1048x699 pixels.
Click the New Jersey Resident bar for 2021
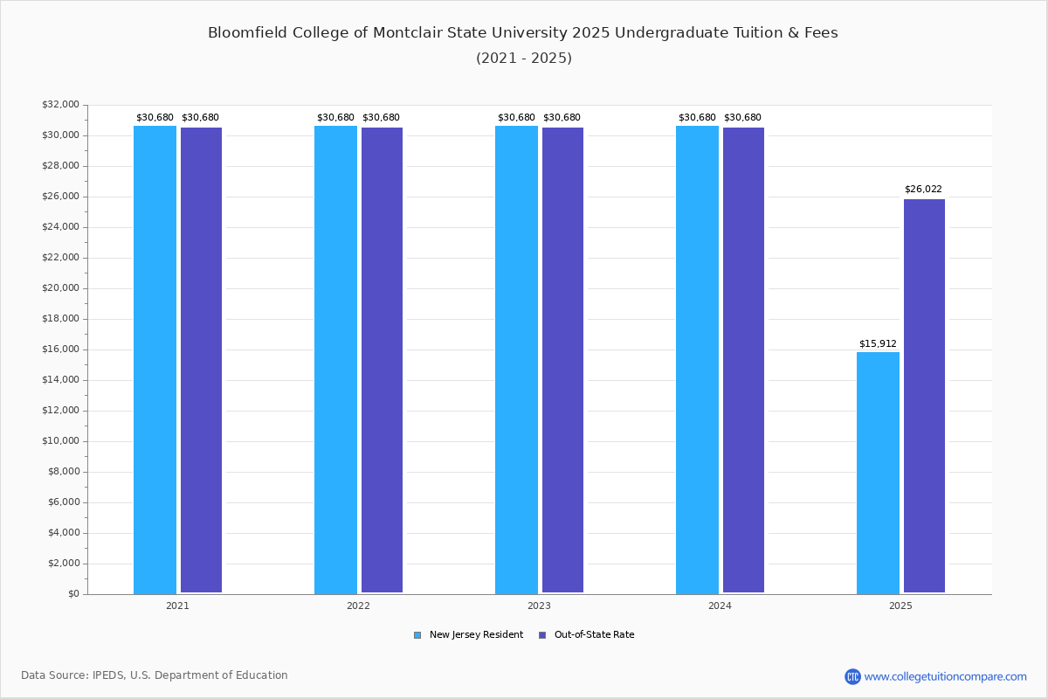[155, 359]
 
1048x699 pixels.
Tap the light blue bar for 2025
[878, 473]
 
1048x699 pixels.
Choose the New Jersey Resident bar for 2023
[516, 359]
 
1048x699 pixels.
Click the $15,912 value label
[878, 343]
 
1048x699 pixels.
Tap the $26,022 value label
[923, 190]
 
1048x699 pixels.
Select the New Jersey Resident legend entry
[475, 635]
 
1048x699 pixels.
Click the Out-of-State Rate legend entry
[593, 635]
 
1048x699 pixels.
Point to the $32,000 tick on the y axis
[60, 105]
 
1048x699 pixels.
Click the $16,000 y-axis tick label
[60, 349]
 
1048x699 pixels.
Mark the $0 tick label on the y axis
[72, 594]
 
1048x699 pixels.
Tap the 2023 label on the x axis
[539, 606]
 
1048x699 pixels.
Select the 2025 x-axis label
[900, 606]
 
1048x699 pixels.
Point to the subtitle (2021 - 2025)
[524, 59]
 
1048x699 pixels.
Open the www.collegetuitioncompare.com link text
[945, 676]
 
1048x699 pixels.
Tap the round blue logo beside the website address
[852, 676]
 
